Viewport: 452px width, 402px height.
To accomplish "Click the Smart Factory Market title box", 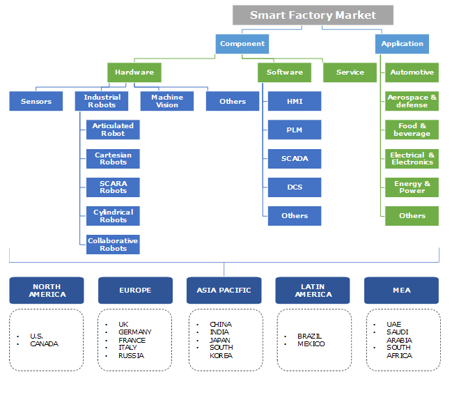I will tap(313, 15).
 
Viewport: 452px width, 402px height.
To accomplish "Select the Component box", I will tap(242, 44).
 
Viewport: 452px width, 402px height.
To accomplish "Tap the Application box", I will tap(402, 44).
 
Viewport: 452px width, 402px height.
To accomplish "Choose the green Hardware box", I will tap(134, 72).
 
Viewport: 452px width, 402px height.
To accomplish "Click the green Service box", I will tap(350, 72).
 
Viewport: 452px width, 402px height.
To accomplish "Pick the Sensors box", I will tap(36, 102).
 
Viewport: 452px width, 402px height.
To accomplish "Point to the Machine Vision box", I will tap(167, 102).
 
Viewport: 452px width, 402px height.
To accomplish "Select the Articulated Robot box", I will tap(113, 130).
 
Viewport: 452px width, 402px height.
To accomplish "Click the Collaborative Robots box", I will tap(113, 245).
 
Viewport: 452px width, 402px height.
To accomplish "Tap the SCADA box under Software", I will tap(295, 159).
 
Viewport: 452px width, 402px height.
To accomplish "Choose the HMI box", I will tap(295, 102).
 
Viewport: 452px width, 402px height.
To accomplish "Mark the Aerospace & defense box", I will tap(412, 102).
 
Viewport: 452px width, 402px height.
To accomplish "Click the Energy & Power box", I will tap(412, 187).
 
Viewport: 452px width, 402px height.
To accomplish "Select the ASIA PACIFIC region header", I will tap(224, 291).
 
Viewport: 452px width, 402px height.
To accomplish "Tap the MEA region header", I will tap(402, 291).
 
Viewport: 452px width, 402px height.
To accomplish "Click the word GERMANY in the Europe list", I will tap(135, 332).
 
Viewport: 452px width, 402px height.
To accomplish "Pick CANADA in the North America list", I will tap(45, 343).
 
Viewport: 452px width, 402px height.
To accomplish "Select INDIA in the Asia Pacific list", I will tap(220, 332).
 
